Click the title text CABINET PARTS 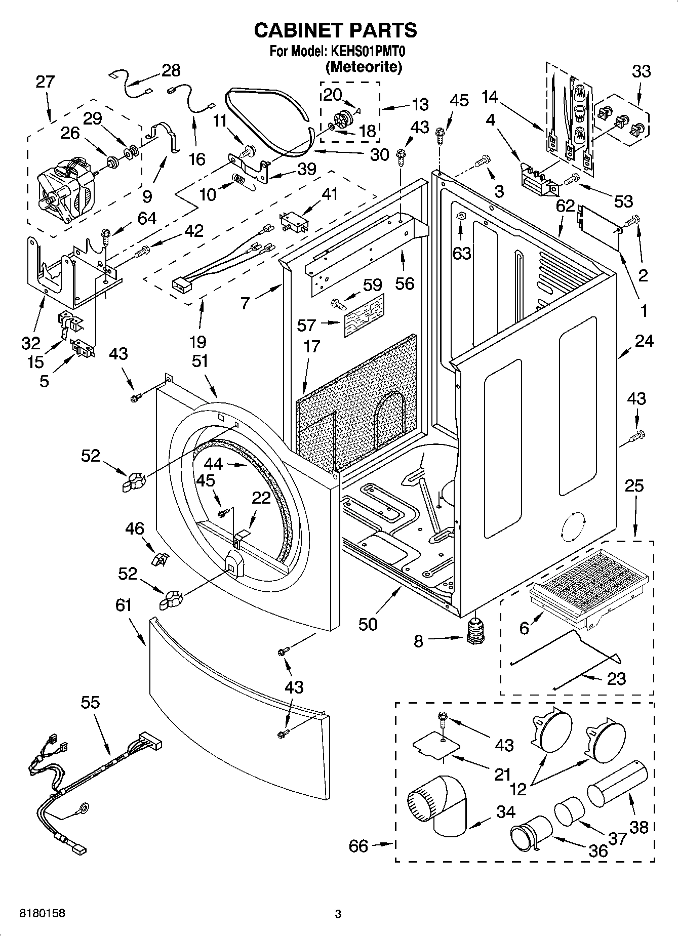click(335, 30)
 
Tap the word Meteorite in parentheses click(364, 66)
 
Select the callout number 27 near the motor click(45, 82)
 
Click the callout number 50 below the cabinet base click(368, 624)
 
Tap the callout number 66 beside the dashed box click(358, 845)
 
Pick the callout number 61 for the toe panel click(124, 605)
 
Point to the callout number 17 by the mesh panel click(312, 346)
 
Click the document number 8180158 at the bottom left click(42, 913)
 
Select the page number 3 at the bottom click(338, 914)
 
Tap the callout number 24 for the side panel click(644, 341)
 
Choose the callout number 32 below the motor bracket click(30, 343)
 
